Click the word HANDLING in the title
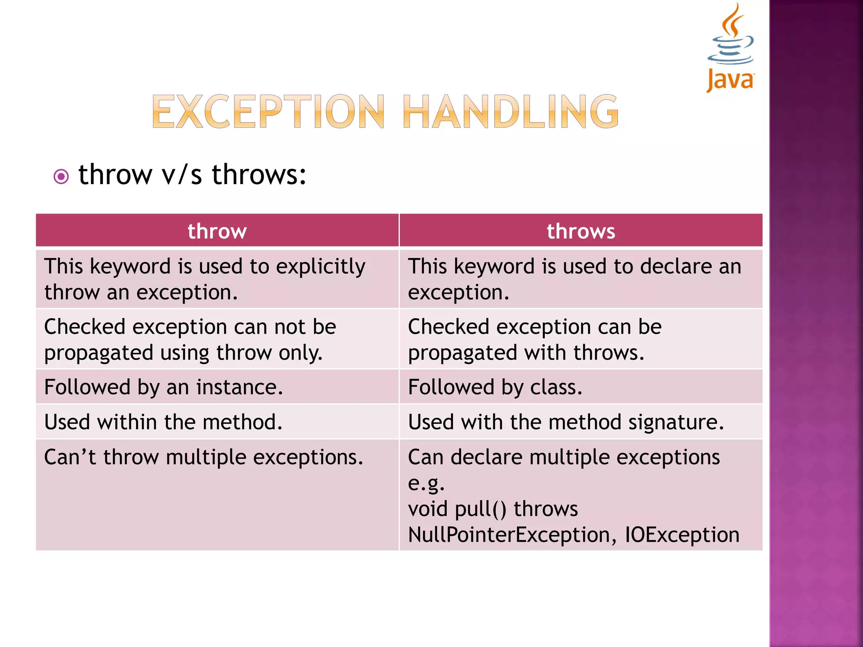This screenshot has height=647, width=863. click(x=510, y=112)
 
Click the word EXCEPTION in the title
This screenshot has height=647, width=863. click(x=268, y=112)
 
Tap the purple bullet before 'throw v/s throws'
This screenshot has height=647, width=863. click(x=61, y=176)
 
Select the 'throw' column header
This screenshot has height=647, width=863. click(x=217, y=231)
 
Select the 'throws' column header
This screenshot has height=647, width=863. click(x=581, y=231)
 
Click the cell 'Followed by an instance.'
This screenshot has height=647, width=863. click(x=163, y=387)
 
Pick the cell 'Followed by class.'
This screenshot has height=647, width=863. click(x=495, y=387)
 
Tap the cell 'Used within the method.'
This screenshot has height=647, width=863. click(x=163, y=422)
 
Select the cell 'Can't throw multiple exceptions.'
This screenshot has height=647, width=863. click(x=204, y=457)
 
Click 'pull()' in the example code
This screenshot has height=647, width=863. click(x=481, y=509)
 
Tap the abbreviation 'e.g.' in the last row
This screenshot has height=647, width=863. click(x=426, y=484)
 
